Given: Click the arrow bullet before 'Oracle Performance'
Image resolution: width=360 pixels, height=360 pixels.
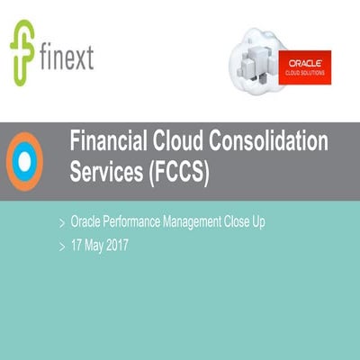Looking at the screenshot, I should pyautogui.click(x=60, y=220).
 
